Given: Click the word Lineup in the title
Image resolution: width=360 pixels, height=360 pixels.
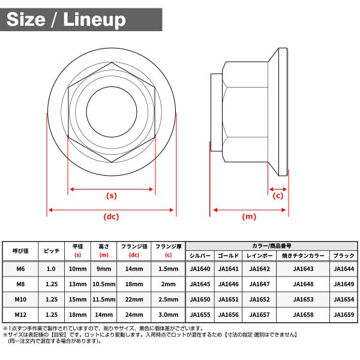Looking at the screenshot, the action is coord(94,20).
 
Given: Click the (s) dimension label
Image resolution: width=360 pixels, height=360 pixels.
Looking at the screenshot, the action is coord(112,196).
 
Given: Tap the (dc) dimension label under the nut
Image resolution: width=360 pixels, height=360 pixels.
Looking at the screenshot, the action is coord(112,217).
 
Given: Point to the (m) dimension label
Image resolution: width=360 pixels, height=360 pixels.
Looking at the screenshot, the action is coord(249,217).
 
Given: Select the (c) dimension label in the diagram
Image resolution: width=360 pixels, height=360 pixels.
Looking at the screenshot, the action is coord(278,196).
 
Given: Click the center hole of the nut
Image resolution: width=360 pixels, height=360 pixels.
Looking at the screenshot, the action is coord(112,112).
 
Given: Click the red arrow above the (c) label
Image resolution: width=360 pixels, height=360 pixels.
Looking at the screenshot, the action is coord(278,190).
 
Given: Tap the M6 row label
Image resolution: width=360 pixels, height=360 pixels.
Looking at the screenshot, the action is coord(20,269).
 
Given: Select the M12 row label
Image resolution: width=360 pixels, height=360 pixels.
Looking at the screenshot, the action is coord(20,314).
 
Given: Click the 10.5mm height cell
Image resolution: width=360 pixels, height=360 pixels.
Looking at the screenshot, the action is coord(104,284).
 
